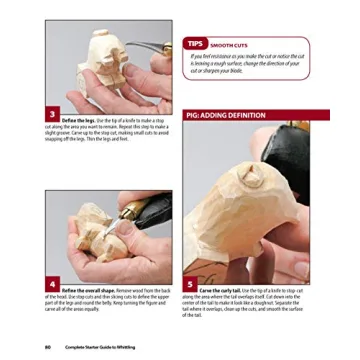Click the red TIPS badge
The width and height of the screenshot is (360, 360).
pos(194,42)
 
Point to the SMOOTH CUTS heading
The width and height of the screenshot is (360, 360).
pos(222,42)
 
